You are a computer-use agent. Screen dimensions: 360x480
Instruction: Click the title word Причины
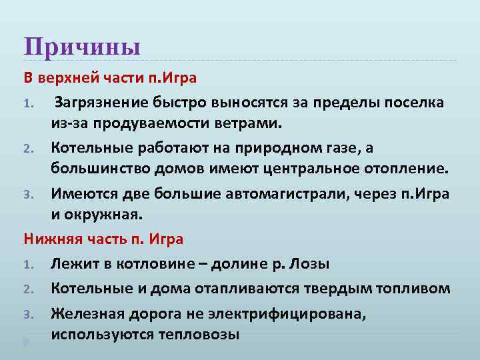[82, 47]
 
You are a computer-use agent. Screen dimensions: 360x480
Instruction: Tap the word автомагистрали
[305, 193]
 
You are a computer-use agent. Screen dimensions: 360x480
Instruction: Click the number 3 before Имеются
[28, 195]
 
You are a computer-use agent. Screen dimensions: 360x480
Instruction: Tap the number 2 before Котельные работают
[28, 147]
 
